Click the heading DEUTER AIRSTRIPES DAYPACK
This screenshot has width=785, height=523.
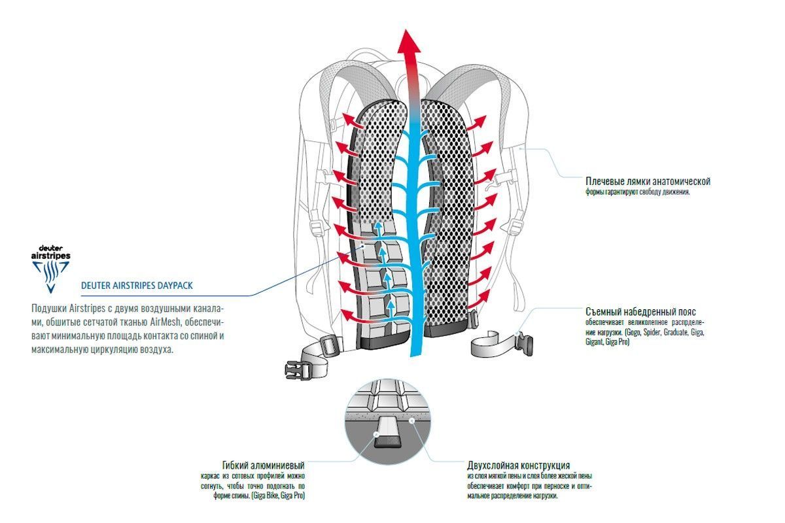point(137,286)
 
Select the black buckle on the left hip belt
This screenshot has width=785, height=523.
point(292,370)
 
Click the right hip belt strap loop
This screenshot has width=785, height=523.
point(488,345)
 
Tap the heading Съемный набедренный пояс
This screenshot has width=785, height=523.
point(644,312)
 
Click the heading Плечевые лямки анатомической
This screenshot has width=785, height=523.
point(647,181)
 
